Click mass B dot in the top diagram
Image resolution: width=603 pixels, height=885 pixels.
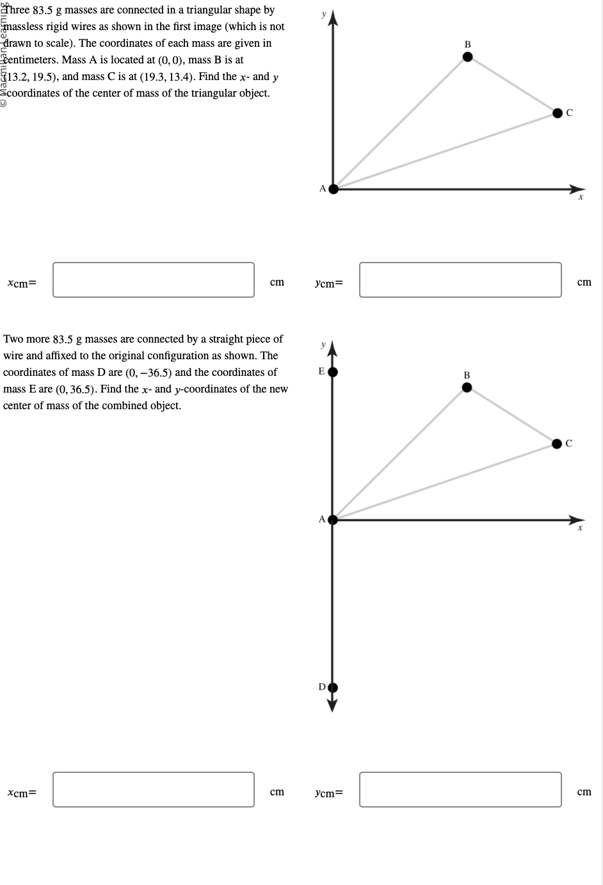coord(467,57)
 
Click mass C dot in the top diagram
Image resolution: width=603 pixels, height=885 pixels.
coord(558,113)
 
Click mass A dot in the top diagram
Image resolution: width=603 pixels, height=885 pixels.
coord(333,188)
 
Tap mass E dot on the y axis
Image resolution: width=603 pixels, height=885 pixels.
coord(333,371)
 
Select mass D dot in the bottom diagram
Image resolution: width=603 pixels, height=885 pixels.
coord(333,688)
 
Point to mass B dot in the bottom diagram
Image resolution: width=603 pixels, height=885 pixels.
coord(467,387)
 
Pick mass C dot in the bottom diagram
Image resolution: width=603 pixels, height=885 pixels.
coord(558,443)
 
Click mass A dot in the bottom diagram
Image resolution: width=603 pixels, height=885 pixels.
coord(333,519)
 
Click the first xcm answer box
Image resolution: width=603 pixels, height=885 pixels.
coord(154,280)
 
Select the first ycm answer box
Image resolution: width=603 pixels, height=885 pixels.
coord(460,280)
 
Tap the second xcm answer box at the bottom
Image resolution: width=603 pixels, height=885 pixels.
coord(154,790)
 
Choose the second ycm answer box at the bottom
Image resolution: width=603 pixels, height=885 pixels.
coord(460,790)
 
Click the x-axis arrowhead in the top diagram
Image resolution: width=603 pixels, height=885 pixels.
coord(578,189)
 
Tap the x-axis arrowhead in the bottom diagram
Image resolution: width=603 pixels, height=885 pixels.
coord(578,519)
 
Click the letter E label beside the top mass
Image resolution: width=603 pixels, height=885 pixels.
coord(321,371)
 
